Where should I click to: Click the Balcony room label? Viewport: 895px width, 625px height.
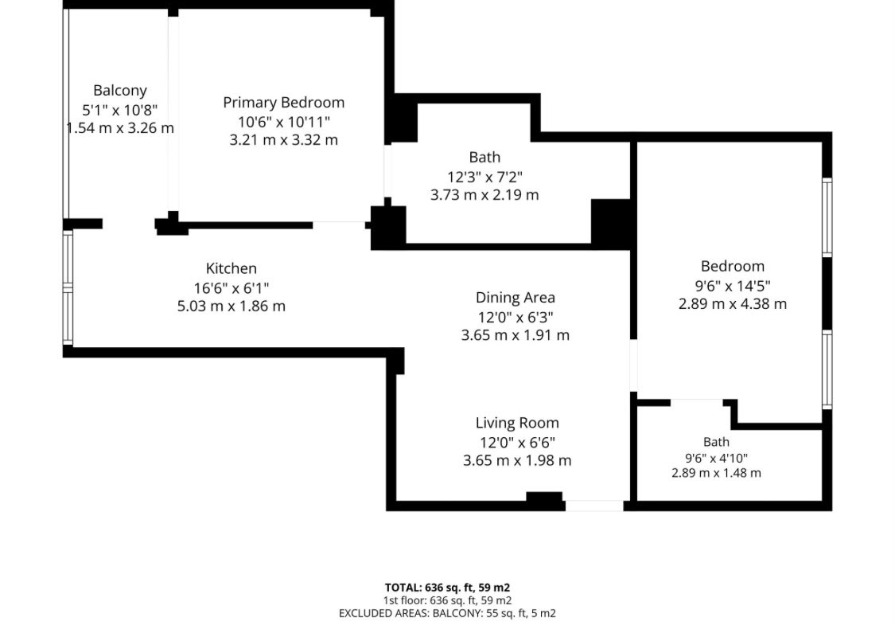click(120, 91)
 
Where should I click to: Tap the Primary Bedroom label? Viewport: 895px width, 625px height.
click(284, 103)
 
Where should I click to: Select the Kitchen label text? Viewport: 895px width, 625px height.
click(232, 268)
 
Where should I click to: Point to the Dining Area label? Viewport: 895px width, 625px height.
click(516, 298)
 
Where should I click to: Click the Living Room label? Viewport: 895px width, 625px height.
click(517, 424)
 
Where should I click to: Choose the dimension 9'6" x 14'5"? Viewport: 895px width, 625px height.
click(733, 286)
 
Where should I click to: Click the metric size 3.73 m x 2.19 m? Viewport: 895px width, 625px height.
click(484, 195)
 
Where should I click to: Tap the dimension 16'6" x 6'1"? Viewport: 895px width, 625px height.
click(232, 288)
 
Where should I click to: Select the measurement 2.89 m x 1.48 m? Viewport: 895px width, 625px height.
click(716, 473)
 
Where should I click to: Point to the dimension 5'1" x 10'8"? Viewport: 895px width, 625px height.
click(120, 110)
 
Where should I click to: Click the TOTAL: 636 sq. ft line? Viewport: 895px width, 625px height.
click(447, 588)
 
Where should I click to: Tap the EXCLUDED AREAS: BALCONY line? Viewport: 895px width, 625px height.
click(447, 614)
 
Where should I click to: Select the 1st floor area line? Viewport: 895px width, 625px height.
click(447, 600)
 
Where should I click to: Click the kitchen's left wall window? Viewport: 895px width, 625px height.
click(68, 287)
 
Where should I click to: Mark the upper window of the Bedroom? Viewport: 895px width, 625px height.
click(827, 217)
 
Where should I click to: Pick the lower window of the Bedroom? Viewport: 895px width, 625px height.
click(827, 369)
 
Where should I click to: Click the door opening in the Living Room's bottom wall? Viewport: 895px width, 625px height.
click(594, 506)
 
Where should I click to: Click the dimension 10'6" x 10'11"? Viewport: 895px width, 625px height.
click(284, 122)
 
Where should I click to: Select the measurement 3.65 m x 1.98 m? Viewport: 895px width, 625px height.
click(517, 460)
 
